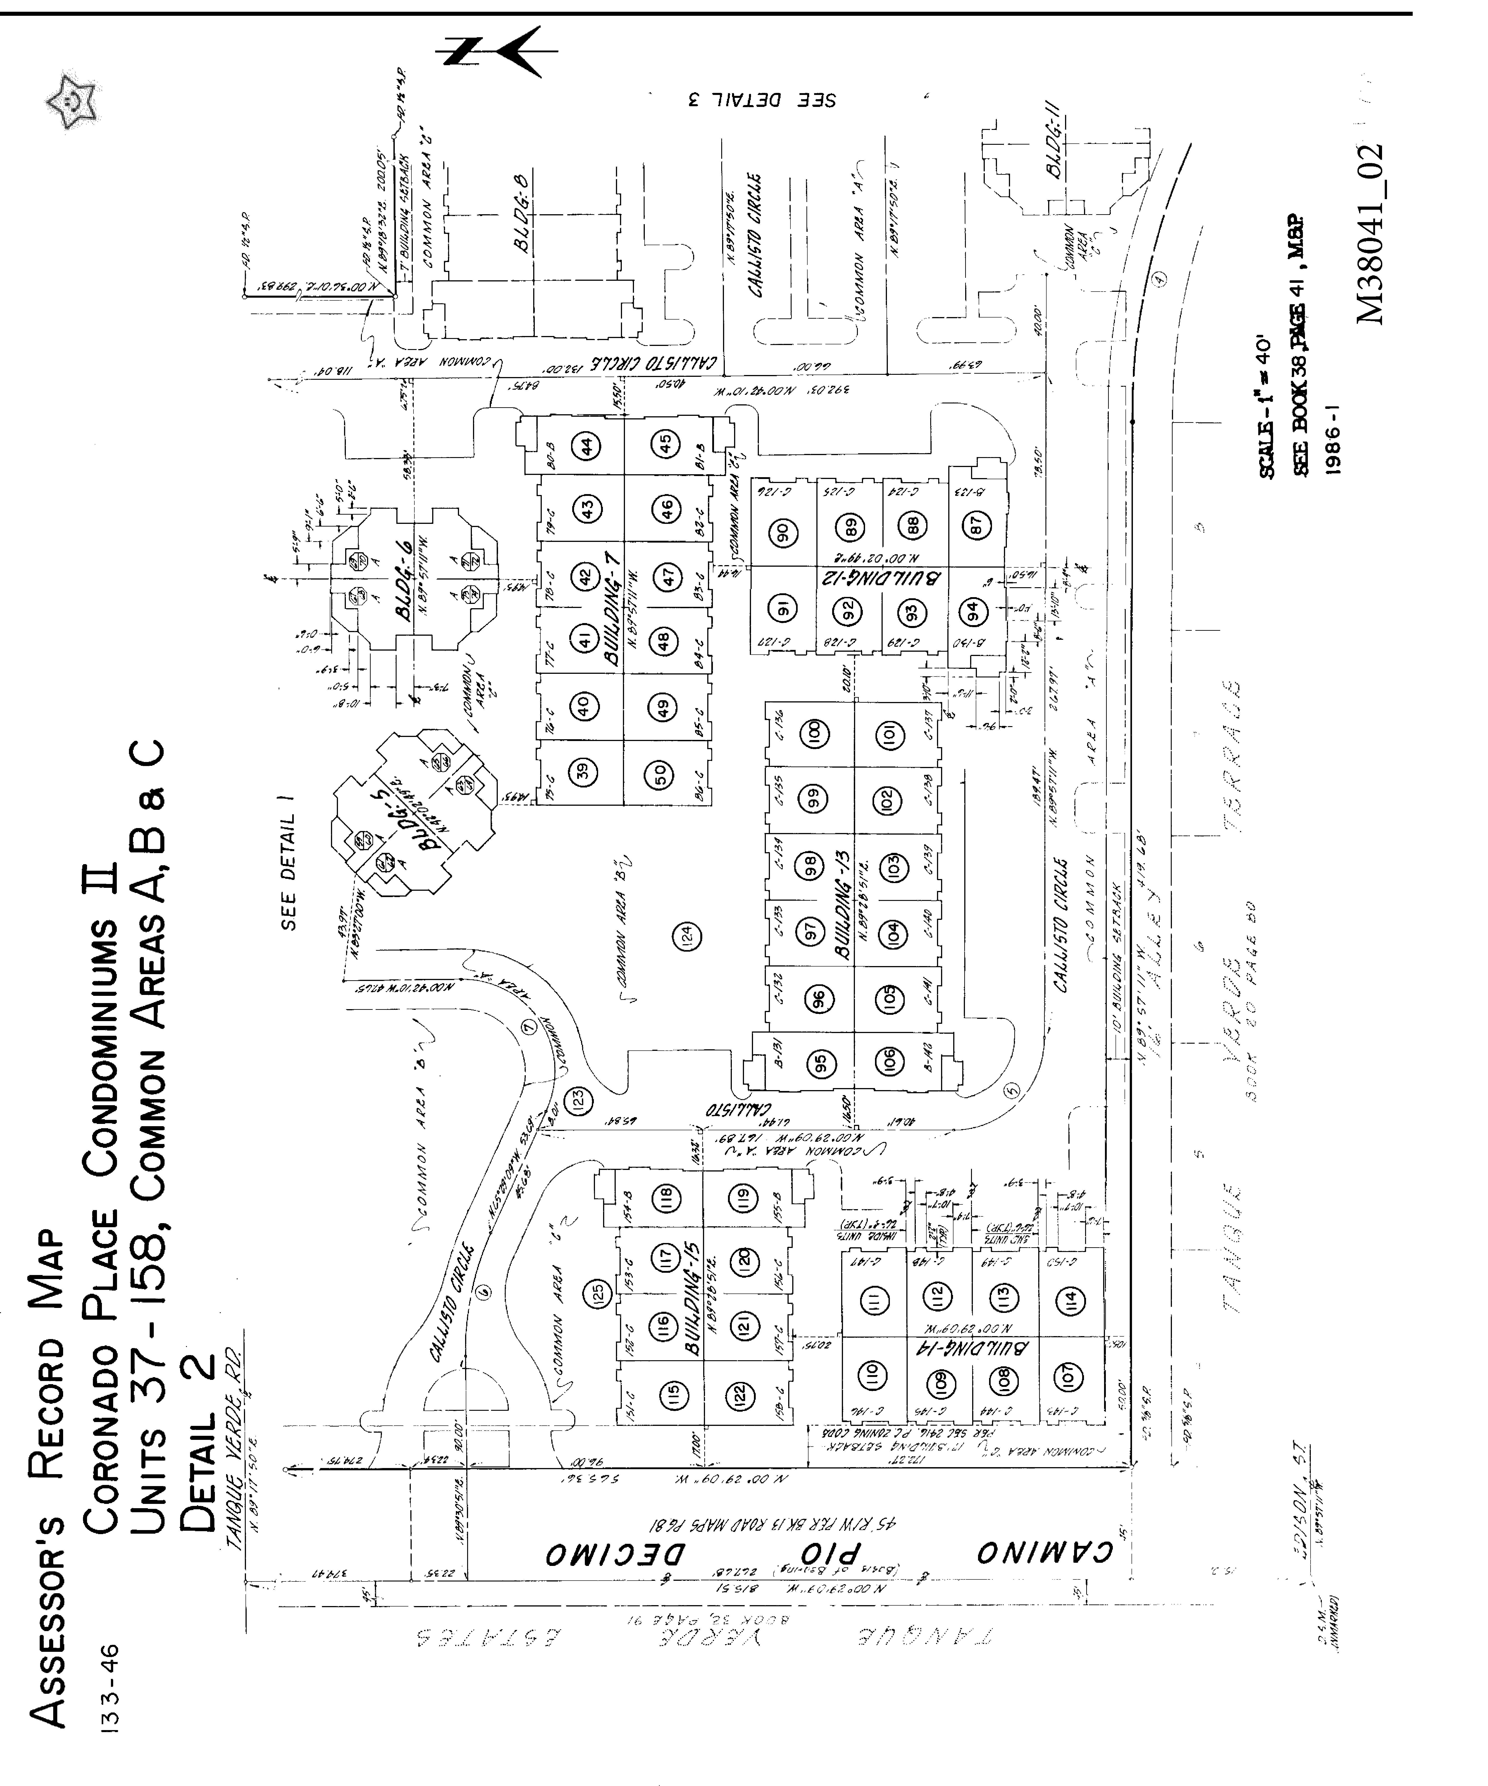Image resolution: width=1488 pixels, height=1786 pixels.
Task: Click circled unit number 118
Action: [666, 1199]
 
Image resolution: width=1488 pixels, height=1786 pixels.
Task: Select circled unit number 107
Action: [1069, 1375]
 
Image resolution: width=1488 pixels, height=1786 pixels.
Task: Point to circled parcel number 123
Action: [579, 1100]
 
